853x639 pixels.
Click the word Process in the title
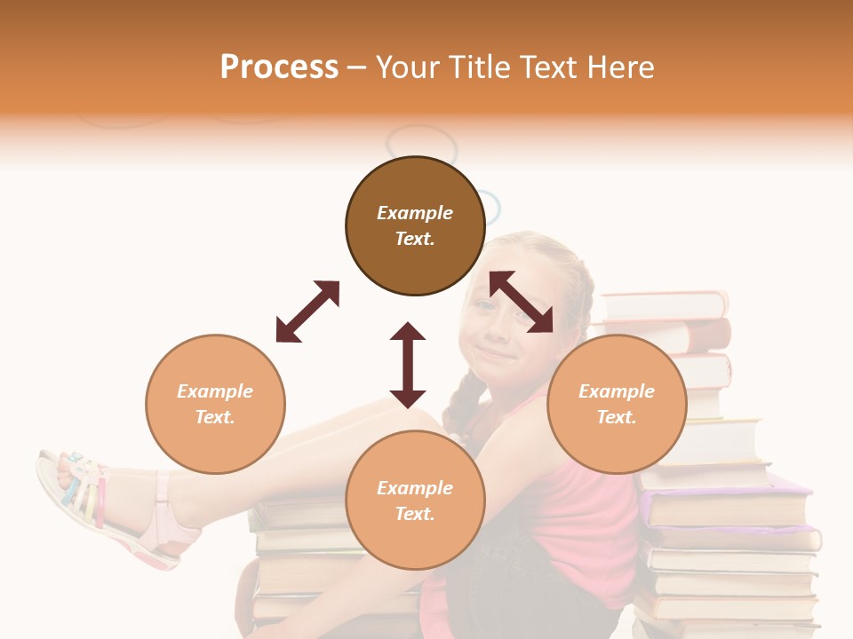(x=279, y=67)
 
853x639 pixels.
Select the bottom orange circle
(x=415, y=541)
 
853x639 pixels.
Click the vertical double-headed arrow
(x=408, y=365)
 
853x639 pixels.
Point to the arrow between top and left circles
(x=307, y=312)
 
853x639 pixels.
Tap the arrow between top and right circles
(x=522, y=302)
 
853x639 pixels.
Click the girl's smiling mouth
(x=496, y=355)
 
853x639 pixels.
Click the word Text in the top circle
(x=415, y=239)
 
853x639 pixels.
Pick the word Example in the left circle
(x=215, y=391)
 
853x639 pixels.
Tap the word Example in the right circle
(x=617, y=391)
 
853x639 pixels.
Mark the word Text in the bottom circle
(x=415, y=514)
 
